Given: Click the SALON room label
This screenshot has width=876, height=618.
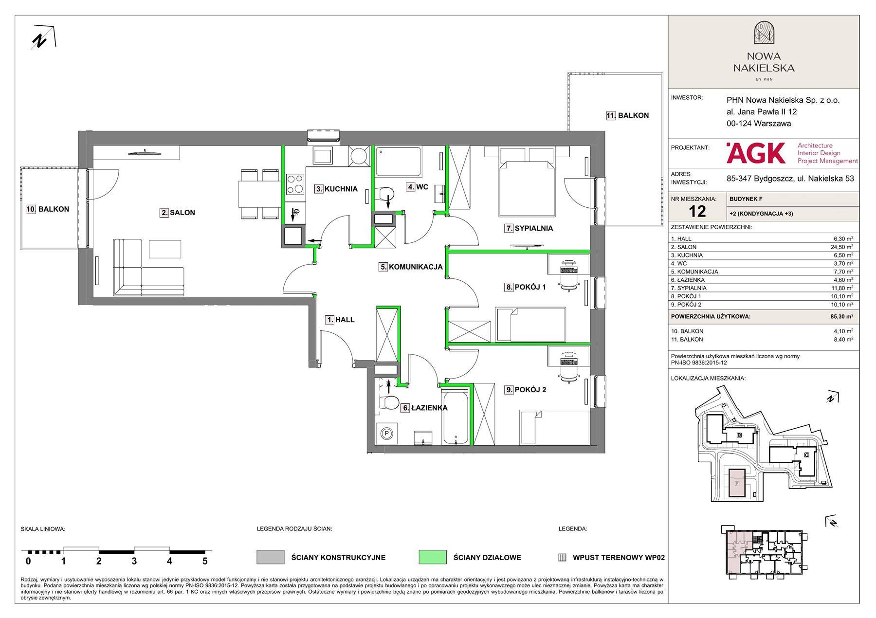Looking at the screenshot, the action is [x=178, y=213].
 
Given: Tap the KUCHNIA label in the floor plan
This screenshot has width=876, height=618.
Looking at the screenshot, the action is [x=336, y=189].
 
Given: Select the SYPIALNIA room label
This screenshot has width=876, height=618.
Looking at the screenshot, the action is [x=529, y=228].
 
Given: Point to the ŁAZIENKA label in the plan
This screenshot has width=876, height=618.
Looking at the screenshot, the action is [x=424, y=408].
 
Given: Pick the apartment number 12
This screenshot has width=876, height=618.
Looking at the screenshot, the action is [x=697, y=211].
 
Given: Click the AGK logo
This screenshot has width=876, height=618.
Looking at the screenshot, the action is [x=755, y=153].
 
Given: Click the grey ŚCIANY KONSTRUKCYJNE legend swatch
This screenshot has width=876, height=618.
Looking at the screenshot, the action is [x=271, y=557].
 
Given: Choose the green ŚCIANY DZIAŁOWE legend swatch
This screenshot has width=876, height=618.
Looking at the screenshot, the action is [x=432, y=557].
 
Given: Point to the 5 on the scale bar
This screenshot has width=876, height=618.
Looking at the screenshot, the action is [x=205, y=561].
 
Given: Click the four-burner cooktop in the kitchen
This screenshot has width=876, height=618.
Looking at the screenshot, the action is [x=294, y=184].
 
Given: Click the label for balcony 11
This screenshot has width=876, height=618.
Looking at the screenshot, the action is [x=627, y=116].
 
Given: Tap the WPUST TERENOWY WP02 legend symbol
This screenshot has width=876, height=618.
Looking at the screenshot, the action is [x=562, y=558].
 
